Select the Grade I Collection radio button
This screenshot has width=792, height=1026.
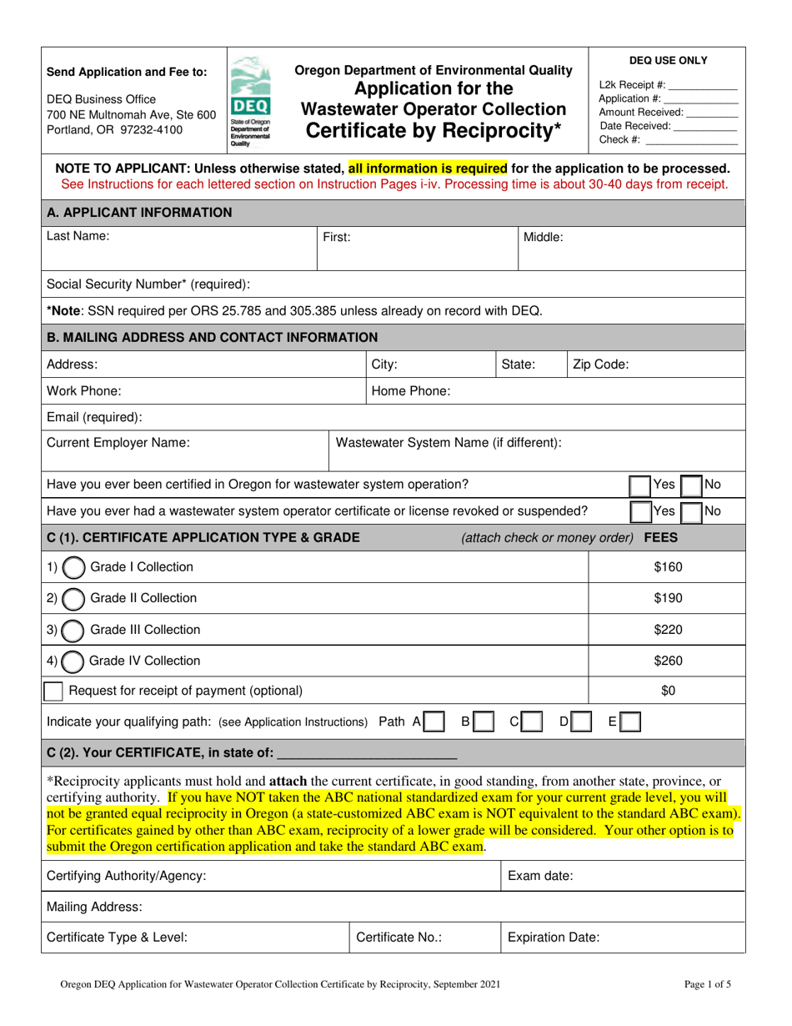[x=73, y=567]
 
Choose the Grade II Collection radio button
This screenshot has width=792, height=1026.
[x=73, y=598]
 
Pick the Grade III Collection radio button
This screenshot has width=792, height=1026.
[x=73, y=630]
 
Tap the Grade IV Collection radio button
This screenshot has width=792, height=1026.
[x=73, y=661]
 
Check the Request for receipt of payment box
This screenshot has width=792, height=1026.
[x=53, y=691]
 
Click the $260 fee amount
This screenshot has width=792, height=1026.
[x=667, y=661]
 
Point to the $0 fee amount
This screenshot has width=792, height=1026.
[x=667, y=691]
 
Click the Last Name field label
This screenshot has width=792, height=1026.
[x=78, y=237]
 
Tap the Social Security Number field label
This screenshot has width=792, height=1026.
[x=148, y=284]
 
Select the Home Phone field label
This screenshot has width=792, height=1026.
[x=411, y=390]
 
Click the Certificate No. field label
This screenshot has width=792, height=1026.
[x=399, y=937]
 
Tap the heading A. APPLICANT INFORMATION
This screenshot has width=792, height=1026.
[x=139, y=213]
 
